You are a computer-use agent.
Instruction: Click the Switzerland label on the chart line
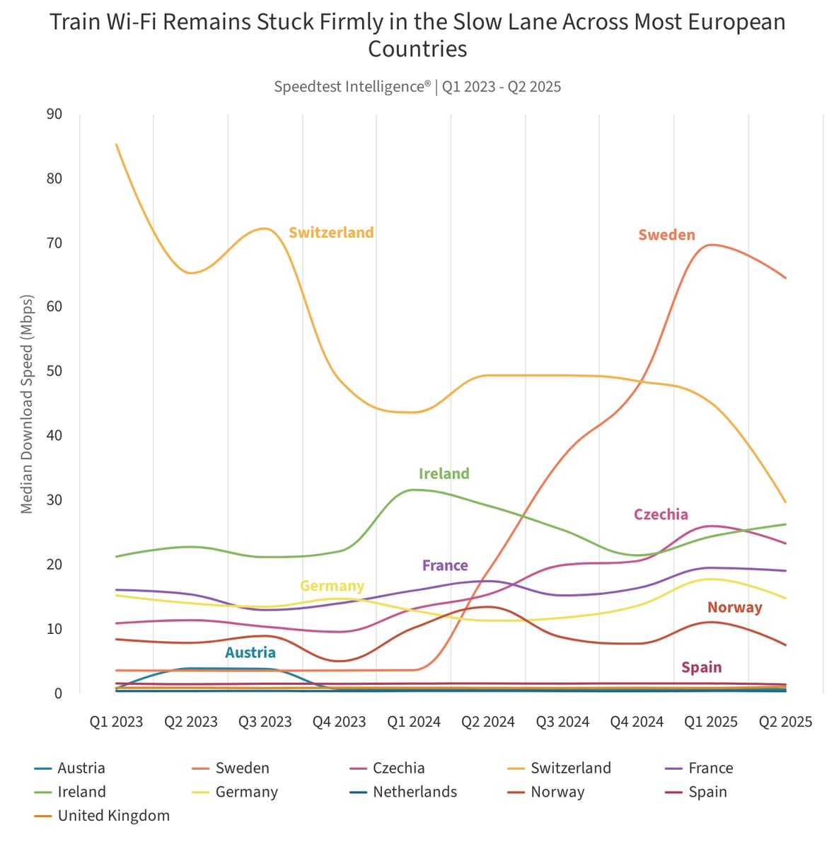pos(331,233)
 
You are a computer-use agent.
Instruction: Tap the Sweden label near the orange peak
pos(666,235)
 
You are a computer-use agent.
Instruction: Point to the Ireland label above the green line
pos(444,474)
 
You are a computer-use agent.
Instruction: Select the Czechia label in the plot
pos(661,515)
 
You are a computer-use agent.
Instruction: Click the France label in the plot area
pos(445,566)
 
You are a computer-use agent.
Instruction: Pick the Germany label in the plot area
pos(332,587)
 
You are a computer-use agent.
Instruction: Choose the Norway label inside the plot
pos(734,608)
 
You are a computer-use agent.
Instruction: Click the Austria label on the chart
pos(250,653)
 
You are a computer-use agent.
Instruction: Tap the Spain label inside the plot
pos(701,668)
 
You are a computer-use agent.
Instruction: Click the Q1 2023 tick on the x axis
pos(116,722)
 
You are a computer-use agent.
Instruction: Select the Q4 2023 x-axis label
pos(340,722)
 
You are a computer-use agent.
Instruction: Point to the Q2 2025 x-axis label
pos(785,722)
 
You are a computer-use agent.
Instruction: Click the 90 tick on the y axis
pos(54,115)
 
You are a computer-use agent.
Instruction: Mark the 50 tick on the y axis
pos(54,371)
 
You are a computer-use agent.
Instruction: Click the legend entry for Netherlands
pos(415,792)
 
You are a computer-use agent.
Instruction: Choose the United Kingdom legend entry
pos(113,816)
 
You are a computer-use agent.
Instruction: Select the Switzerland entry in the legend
pos(570,768)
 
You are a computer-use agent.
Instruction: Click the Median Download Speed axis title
pos(27,403)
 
